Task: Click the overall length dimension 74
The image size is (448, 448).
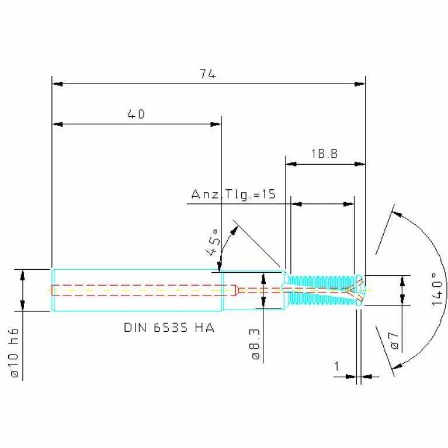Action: tap(208, 74)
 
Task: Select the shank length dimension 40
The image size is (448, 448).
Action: tap(136, 114)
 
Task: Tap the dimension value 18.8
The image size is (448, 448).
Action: tap(324, 154)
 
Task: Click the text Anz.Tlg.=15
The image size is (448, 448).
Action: tap(233, 194)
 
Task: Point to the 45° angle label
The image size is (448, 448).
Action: tap(213, 242)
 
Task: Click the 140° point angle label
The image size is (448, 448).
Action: tap(437, 289)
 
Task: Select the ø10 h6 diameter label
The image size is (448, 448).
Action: tap(14, 353)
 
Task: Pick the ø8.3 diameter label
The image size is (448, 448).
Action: tap(255, 343)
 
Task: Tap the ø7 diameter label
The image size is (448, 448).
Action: tap(394, 341)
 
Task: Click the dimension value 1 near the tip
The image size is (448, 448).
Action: tap(337, 366)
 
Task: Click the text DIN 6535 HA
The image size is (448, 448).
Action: tap(169, 328)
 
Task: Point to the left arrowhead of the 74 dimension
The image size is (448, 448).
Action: tap(57, 84)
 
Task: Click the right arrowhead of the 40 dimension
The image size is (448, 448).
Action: tap(216, 124)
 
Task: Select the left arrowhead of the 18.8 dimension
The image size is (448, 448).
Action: tap(291, 164)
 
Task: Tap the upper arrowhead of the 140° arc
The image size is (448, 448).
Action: tap(397, 214)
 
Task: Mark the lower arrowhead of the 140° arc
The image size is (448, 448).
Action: tap(397, 366)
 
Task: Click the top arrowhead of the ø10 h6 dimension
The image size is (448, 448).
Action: tap(23, 275)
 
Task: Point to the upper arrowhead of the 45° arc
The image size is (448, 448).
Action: tap(235, 230)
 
